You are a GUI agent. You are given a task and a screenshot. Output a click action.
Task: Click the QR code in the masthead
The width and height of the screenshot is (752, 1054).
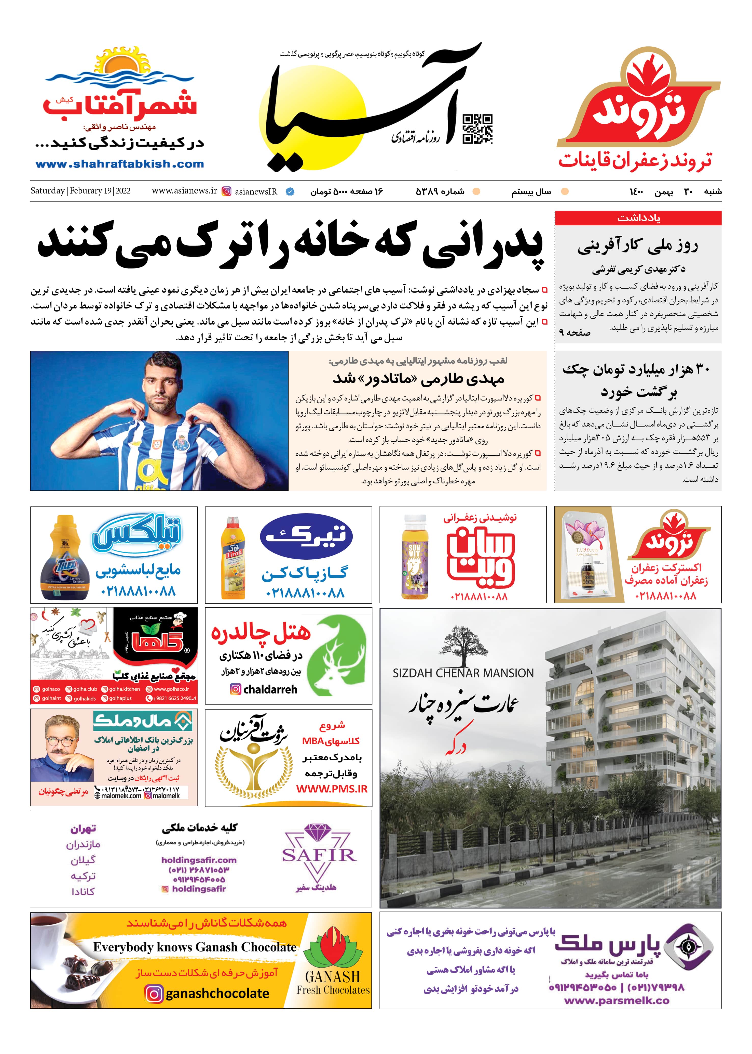(x=477, y=128)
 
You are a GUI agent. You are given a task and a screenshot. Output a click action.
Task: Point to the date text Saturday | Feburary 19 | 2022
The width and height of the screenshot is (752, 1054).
(x=80, y=191)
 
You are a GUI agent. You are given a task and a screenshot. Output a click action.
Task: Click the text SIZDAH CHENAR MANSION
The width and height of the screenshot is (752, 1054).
(x=463, y=673)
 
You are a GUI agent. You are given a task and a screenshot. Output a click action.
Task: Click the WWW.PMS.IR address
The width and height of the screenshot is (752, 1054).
(x=332, y=789)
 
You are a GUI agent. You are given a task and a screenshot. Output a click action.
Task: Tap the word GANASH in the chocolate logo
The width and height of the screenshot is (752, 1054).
(x=333, y=976)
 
